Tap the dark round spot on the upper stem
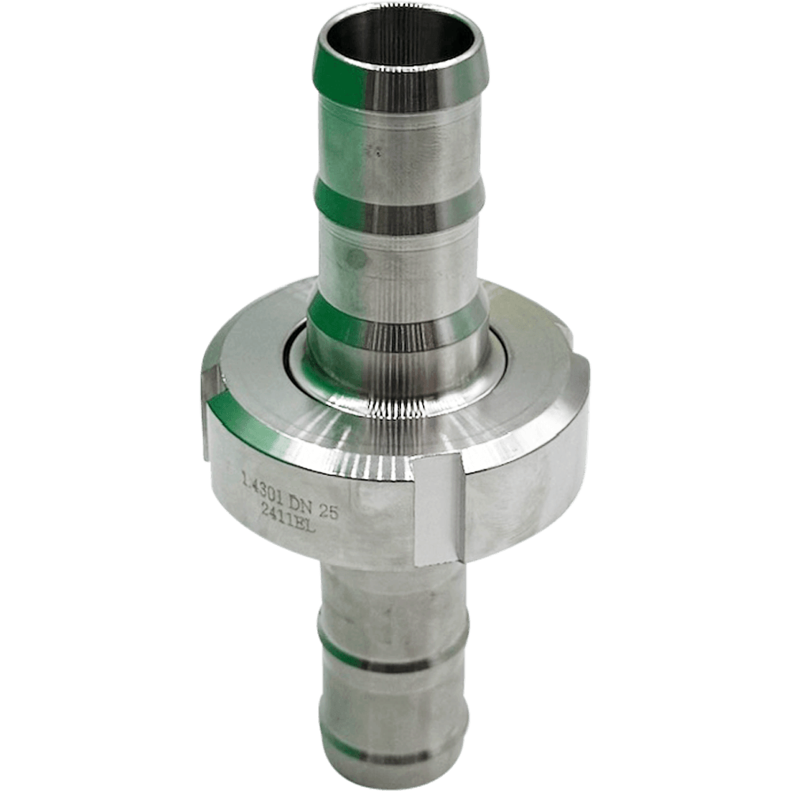[355, 259]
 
